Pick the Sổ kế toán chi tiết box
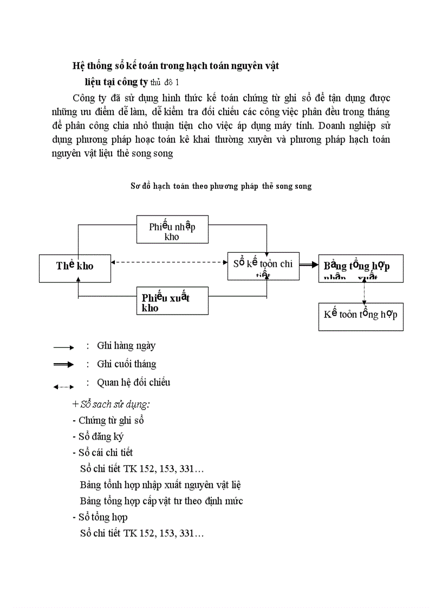pyautogui.click(x=263, y=266)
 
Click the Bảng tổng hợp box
pyautogui.click(x=360, y=268)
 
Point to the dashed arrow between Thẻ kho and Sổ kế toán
pyautogui.click(x=168, y=263)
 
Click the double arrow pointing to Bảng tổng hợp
pyautogui.click(x=309, y=265)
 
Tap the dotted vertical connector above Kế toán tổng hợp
pyautogui.click(x=363, y=292)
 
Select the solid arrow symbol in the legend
pyautogui.click(x=63, y=347)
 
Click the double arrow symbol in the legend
pyautogui.click(x=63, y=365)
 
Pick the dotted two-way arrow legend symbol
pyautogui.click(x=63, y=386)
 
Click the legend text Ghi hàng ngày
pyautogui.click(x=126, y=345)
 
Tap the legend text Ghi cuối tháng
pyautogui.click(x=126, y=364)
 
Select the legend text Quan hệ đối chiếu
pyautogui.click(x=133, y=382)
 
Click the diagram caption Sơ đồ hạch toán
pyautogui.click(x=221, y=186)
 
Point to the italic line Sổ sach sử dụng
pyautogui.click(x=111, y=404)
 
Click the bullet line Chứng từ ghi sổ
pyautogui.click(x=108, y=420)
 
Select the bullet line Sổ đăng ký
pyautogui.click(x=97, y=436)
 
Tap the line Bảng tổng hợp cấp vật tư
pyautogui.click(x=161, y=501)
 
